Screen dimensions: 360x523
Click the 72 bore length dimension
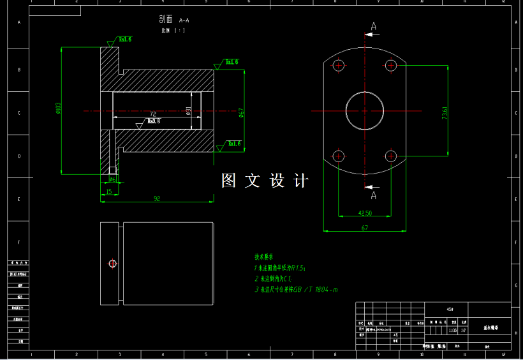[x=152, y=114]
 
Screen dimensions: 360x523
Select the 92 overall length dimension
[x=157, y=199]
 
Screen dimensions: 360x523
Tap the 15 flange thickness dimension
[x=109, y=191]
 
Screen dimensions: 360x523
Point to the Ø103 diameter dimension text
[x=58, y=109]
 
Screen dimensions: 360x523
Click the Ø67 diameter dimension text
[x=241, y=112]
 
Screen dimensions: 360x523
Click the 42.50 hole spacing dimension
[x=365, y=213]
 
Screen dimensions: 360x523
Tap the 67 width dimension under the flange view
[x=365, y=227]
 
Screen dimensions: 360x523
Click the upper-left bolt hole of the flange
[x=338, y=65]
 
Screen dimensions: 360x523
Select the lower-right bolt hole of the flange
[x=392, y=156]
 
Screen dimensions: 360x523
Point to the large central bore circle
[x=365, y=110]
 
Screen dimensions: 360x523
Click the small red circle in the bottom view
[x=112, y=263]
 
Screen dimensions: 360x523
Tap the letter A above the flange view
[x=374, y=26]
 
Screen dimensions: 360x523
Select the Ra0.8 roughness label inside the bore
[x=153, y=121]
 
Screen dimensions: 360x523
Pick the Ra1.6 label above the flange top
[x=125, y=40]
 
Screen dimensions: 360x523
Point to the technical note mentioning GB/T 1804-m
[x=295, y=290]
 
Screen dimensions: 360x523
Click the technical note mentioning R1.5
[x=281, y=267]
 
